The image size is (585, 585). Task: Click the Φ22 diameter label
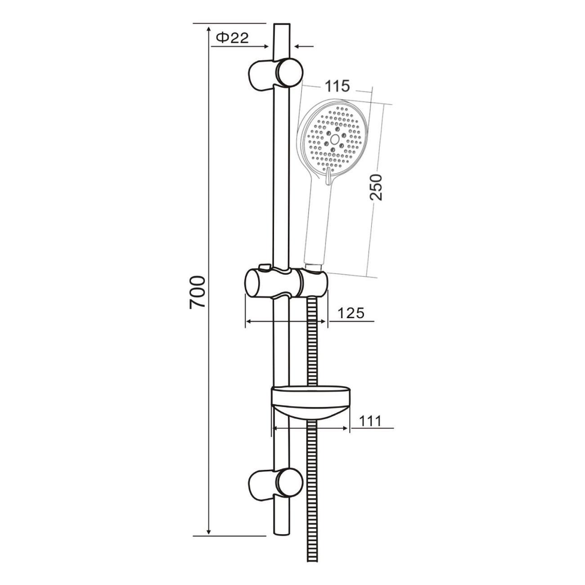232,38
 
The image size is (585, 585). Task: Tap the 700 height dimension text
198,292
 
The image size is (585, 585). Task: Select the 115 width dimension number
337,86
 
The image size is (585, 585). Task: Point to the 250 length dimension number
376,187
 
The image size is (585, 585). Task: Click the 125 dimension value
351,313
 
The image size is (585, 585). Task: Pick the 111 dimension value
370,421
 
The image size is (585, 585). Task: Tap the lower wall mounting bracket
276,485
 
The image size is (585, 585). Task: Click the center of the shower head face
335,139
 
